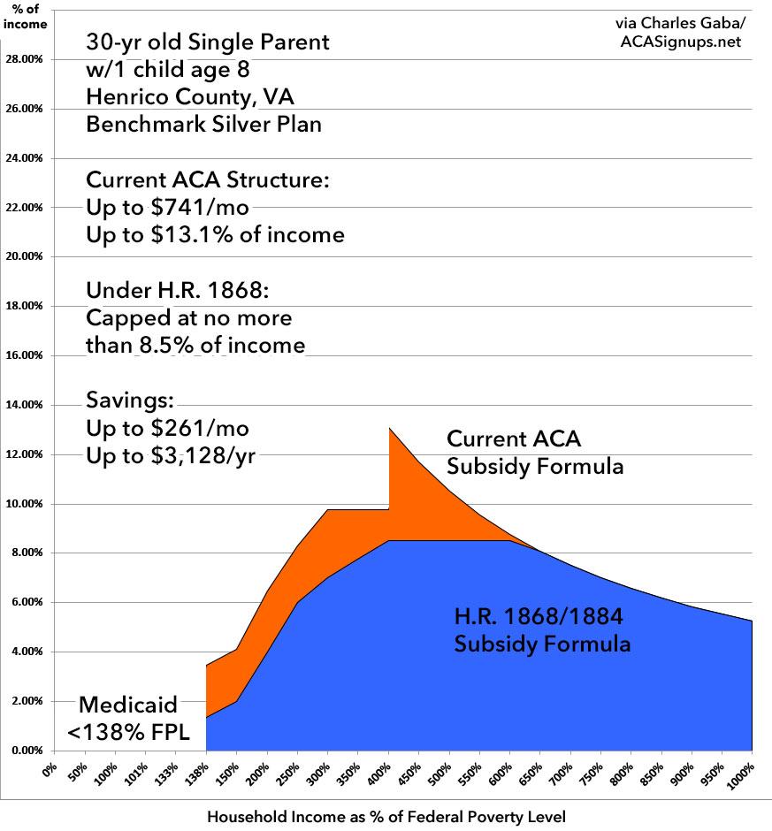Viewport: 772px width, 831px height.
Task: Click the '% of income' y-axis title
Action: click(26, 16)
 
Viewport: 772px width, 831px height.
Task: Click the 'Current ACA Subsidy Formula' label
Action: click(535, 452)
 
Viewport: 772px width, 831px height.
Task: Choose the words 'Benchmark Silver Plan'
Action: click(203, 124)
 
